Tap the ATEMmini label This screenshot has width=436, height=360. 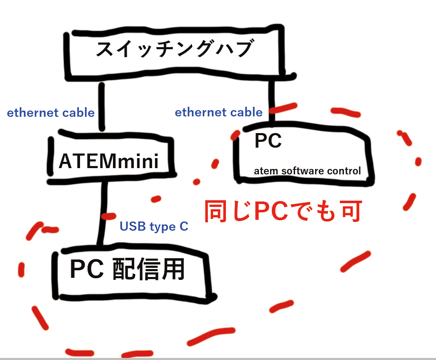109,161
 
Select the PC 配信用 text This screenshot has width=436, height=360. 127,270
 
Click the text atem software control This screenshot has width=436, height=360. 307,171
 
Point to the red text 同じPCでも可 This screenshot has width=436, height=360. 283,212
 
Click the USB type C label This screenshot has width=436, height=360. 154,227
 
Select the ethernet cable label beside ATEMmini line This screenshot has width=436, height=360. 51,113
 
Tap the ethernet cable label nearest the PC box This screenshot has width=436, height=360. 218,112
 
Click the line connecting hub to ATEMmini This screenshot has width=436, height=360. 101,106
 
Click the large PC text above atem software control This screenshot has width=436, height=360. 268,141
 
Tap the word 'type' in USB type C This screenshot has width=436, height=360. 160,227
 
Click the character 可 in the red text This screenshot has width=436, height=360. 349,212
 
